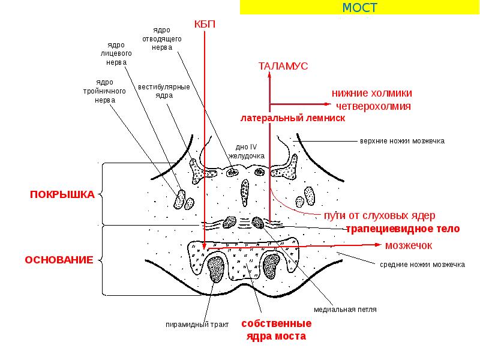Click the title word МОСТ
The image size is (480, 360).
359,7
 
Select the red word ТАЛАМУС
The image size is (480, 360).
283,67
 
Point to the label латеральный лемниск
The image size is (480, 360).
293,118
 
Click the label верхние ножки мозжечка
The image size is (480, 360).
402,141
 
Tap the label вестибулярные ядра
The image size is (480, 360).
164,91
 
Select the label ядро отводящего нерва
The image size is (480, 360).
163,40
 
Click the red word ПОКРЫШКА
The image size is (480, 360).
62,194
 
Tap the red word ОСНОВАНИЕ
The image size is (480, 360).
59,260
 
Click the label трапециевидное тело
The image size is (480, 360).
403,229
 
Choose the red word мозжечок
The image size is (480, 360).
409,245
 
